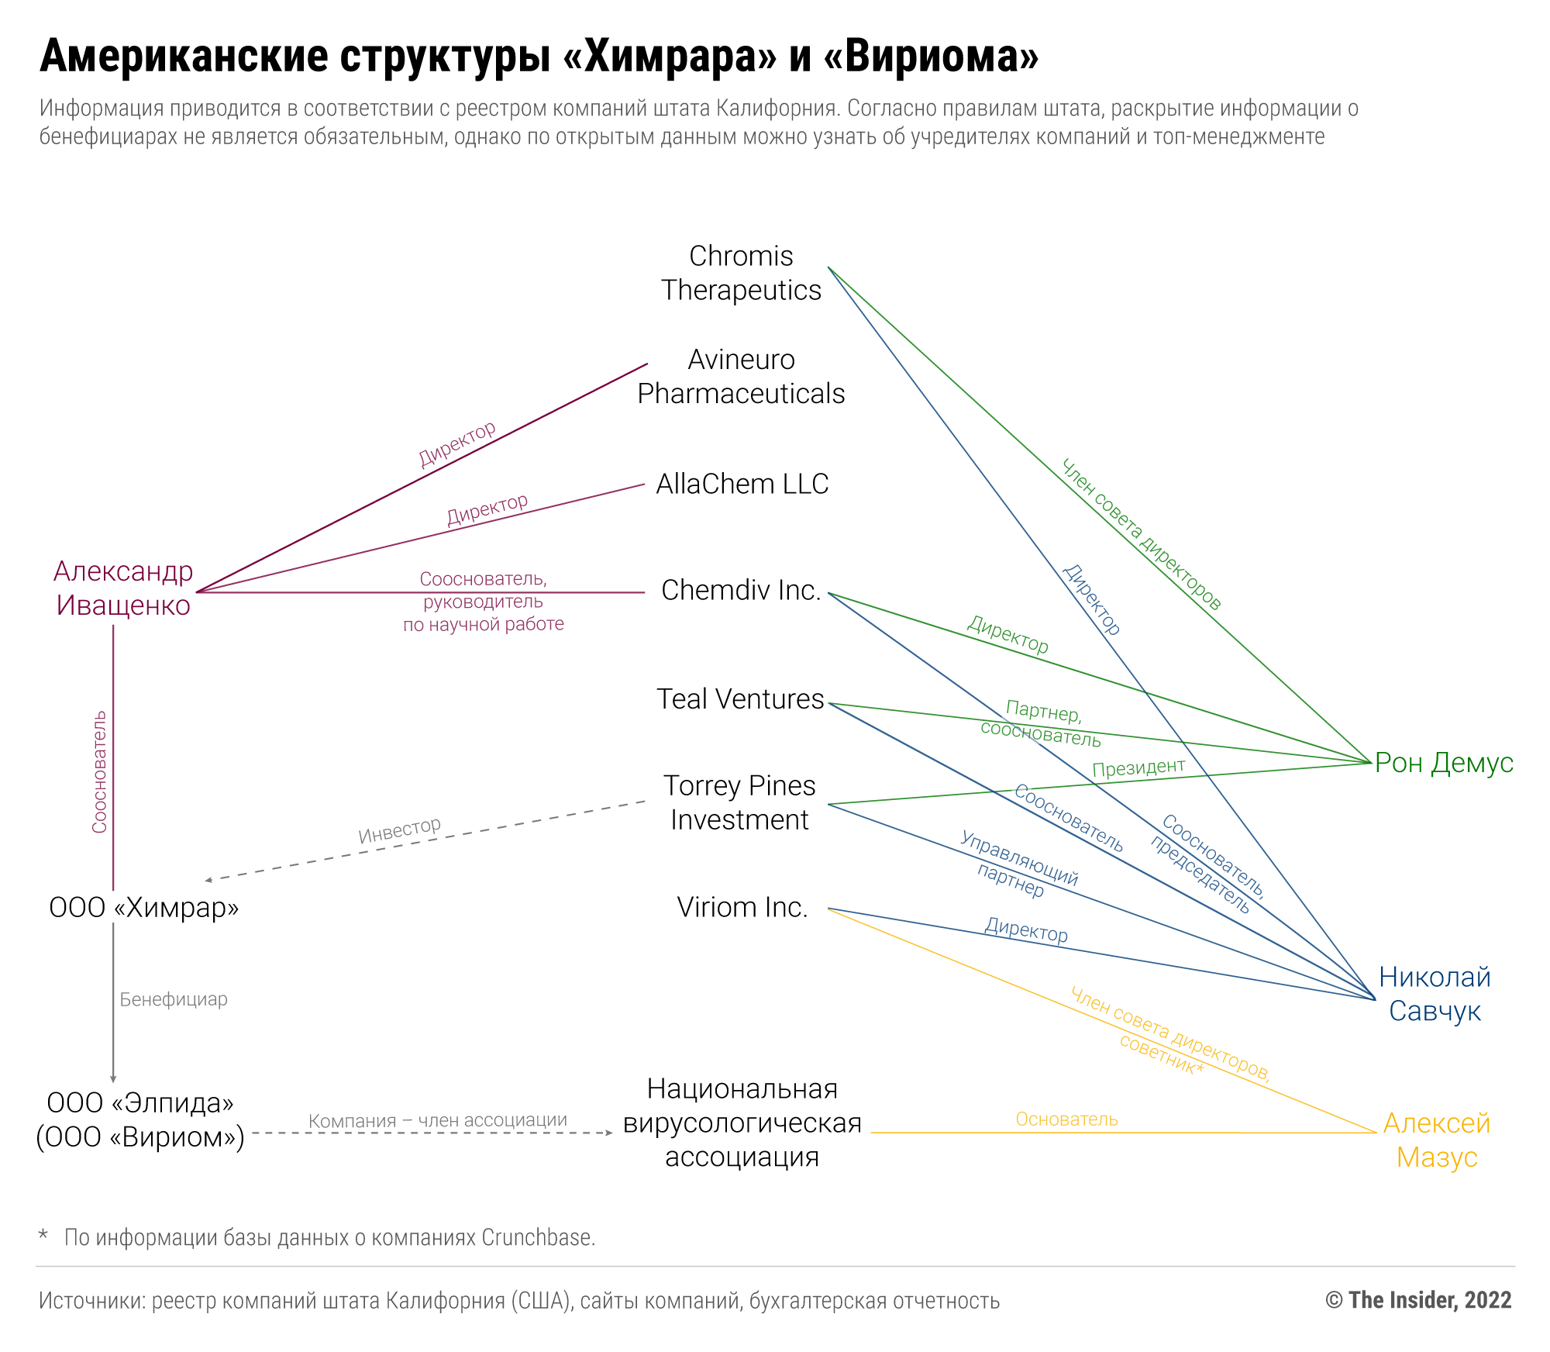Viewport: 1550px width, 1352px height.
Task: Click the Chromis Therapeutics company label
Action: (x=741, y=273)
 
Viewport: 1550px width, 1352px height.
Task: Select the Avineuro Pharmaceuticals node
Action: (x=741, y=377)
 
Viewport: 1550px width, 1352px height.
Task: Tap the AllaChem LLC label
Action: (x=742, y=484)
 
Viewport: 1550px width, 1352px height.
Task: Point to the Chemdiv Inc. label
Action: (x=741, y=590)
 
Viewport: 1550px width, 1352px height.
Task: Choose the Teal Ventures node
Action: (x=740, y=698)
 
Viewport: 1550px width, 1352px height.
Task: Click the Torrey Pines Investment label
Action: (x=739, y=802)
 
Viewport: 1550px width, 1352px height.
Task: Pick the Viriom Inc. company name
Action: (x=742, y=907)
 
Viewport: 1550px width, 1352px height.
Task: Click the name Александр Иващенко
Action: (x=123, y=588)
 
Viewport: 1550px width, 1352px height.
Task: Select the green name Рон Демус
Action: (x=1443, y=763)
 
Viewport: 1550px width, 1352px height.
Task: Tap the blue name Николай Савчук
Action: (x=1435, y=994)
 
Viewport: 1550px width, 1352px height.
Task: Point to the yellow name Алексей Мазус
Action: (x=1436, y=1140)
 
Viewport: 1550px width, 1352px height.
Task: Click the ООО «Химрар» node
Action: (x=143, y=907)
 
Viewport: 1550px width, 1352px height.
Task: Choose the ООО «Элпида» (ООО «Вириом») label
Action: (x=140, y=1119)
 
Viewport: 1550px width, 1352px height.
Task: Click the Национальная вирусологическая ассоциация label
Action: (x=742, y=1123)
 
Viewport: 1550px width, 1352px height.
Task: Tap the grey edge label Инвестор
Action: (x=399, y=830)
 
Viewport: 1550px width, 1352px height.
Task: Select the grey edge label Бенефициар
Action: (x=174, y=999)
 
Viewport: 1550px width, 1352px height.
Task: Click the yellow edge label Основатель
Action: (x=1066, y=1119)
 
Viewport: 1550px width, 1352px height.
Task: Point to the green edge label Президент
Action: (x=1138, y=767)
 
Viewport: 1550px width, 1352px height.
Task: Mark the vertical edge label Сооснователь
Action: (x=99, y=772)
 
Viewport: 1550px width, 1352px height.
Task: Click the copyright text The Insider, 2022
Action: (x=1418, y=1300)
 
